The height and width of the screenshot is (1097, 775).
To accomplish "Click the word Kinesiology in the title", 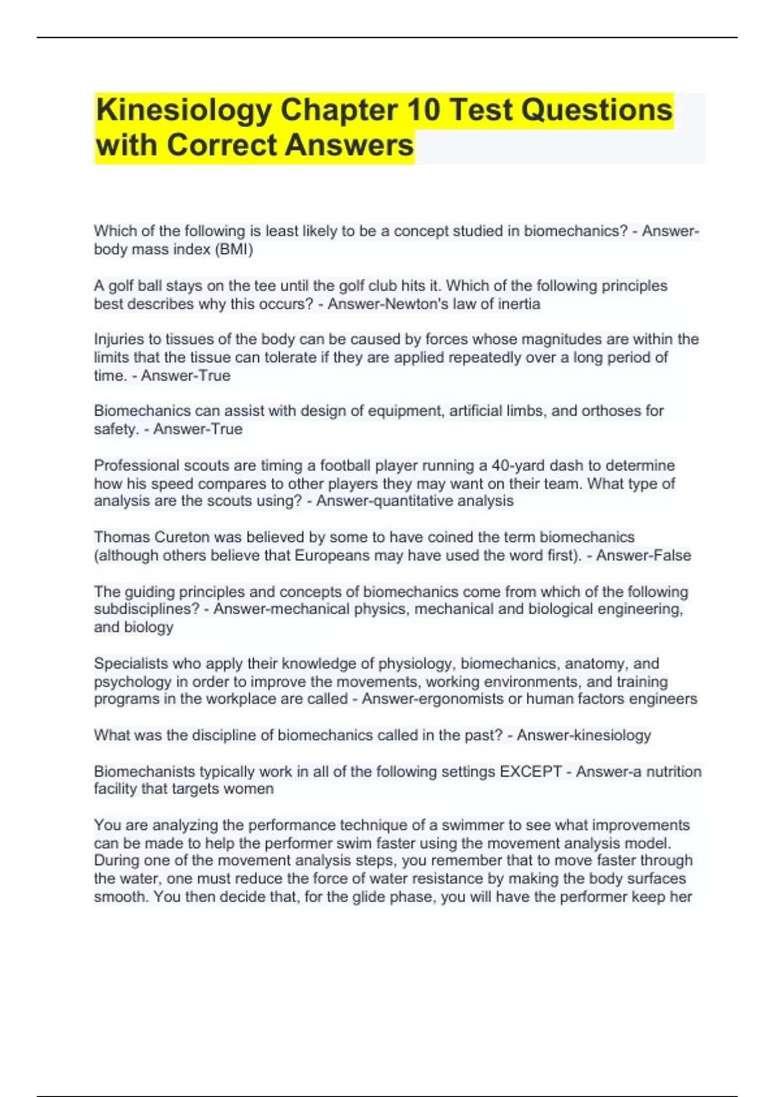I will coord(183,110).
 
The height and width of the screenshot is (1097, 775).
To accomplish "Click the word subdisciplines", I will coord(147,609).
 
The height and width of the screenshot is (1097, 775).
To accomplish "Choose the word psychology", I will coord(132,681).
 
